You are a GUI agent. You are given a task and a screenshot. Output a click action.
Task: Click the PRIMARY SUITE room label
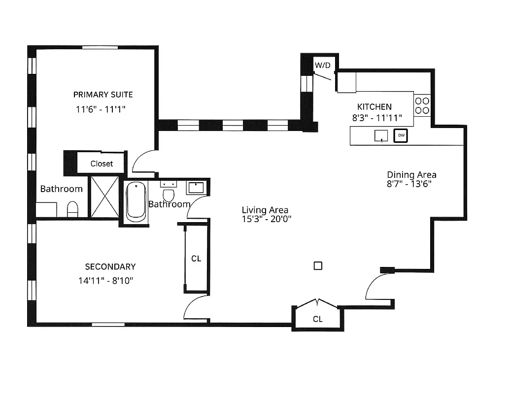[103, 95]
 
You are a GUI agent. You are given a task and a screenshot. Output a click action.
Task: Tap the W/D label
[323, 65]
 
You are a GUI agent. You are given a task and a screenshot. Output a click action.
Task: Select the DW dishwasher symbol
[401, 135]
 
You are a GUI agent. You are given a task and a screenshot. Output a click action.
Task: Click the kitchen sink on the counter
[381, 135]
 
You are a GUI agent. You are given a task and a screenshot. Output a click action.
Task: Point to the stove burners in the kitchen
[422, 105]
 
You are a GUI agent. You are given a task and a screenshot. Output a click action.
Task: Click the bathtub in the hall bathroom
[136, 202]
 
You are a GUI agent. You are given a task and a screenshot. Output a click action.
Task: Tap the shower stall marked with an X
[103, 197]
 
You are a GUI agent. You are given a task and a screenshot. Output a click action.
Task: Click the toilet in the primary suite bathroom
[72, 209]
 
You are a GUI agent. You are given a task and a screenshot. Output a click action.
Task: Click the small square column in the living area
[318, 265]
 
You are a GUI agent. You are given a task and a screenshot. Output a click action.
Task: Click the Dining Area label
[411, 175]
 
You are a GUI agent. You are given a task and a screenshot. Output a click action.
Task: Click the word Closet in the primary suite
[102, 164]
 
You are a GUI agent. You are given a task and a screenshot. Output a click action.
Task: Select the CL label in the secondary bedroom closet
[196, 259]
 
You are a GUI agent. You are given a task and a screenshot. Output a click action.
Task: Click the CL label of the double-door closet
[318, 319]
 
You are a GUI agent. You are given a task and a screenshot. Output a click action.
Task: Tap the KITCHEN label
[374, 107]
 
